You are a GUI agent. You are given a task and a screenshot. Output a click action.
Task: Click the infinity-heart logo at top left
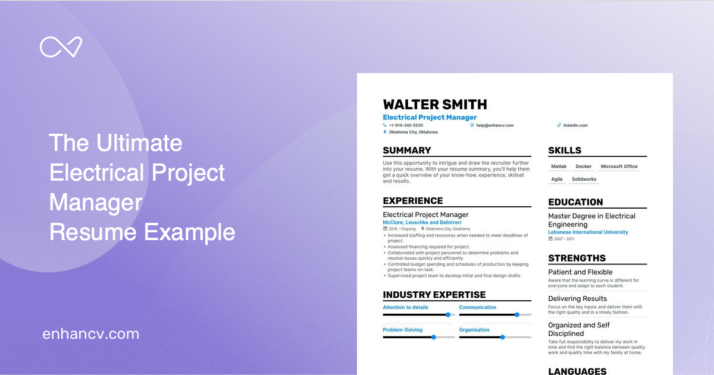pos(61,47)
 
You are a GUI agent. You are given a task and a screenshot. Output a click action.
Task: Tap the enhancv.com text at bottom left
pos(90,334)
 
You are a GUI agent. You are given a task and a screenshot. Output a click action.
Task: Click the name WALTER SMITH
pos(435,105)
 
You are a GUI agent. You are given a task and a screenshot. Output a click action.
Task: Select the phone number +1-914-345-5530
pos(406,125)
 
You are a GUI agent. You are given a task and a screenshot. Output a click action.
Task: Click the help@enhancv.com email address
pos(494,125)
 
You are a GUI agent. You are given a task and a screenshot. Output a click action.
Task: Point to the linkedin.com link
pos(575,125)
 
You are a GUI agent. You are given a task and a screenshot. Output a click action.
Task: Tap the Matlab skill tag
pos(559,166)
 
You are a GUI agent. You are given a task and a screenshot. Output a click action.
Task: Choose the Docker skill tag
pos(584,166)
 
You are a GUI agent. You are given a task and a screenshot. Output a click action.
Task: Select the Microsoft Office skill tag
pos(619,166)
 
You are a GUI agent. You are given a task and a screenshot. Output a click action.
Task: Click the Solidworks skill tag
pos(584,179)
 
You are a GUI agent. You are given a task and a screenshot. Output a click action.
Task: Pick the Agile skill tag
pos(557,179)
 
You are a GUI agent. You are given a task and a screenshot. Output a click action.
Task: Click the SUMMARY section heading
pos(407,150)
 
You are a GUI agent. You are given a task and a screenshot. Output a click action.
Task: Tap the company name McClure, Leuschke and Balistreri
pos(422,222)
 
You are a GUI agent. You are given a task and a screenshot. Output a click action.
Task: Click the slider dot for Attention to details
pos(448,314)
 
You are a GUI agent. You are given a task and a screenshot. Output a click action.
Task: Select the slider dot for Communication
pos(516,314)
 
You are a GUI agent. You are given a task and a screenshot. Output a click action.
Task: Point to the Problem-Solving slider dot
pos(433,337)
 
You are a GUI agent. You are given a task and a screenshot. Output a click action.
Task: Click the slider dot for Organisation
pos(502,337)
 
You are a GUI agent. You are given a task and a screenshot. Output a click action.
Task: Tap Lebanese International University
pos(588,232)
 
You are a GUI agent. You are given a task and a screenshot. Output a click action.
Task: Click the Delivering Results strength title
pos(577,299)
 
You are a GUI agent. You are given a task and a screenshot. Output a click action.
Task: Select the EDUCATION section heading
pos(575,202)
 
